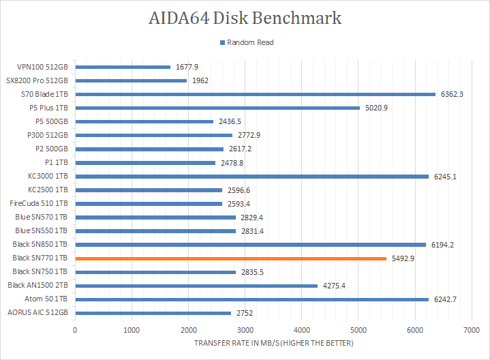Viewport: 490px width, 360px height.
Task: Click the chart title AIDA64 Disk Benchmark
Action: tap(245, 18)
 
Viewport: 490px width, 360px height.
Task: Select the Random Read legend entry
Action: tap(246, 42)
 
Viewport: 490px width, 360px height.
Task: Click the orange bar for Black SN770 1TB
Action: tap(230, 258)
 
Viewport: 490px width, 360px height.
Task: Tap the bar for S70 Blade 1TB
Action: tap(255, 94)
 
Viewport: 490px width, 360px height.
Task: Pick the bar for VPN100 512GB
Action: tap(123, 67)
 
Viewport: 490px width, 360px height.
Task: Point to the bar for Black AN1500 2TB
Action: tap(196, 286)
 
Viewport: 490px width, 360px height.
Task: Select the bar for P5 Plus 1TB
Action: tap(217, 108)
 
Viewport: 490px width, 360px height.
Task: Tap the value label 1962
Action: tap(200, 80)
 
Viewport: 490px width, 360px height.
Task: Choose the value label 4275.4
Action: tap(334, 286)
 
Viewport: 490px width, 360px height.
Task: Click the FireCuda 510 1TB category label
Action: tap(39, 203)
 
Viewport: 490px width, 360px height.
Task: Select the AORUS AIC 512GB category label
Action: tap(37, 313)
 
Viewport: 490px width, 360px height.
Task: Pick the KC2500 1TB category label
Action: tap(47, 190)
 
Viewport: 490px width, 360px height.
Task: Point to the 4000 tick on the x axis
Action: tap(301, 330)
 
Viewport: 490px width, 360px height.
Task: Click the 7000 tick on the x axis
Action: tap(471, 330)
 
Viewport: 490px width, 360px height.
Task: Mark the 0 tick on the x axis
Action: tap(75, 330)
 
